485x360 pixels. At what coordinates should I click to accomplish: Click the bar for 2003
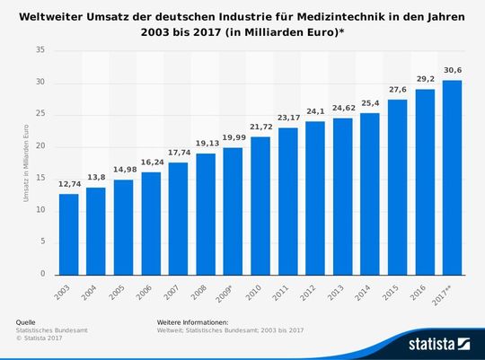click(68, 233)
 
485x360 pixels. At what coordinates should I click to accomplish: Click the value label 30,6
click(453, 72)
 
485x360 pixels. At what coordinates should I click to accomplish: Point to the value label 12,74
click(68, 185)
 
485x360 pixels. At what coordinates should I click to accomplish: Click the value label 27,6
click(398, 91)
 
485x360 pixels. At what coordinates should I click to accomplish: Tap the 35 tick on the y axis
click(41, 51)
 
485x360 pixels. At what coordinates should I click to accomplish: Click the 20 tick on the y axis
click(41, 146)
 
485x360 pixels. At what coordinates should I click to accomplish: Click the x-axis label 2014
click(369, 292)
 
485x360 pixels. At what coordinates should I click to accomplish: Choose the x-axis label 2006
click(149, 292)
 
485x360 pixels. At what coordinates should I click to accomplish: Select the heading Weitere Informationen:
click(192, 321)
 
